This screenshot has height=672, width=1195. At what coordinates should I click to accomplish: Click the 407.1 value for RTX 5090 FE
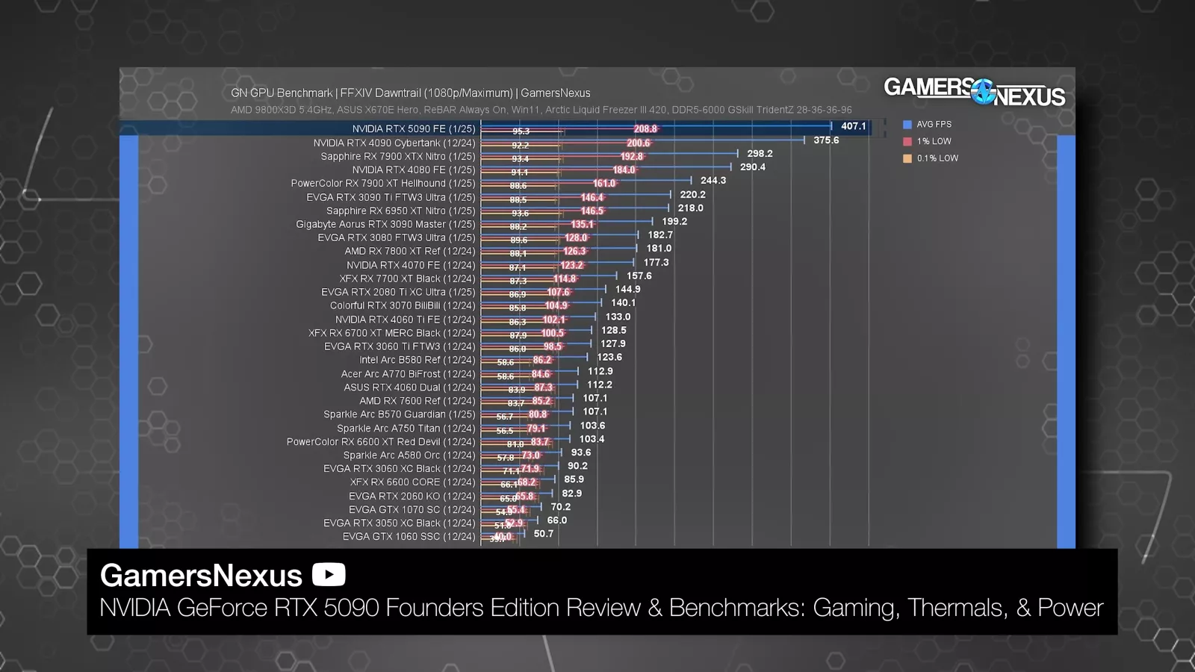coord(853,126)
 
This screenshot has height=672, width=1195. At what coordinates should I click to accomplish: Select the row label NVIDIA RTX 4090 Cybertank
coord(394,143)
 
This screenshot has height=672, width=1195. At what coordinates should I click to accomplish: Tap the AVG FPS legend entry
coord(934,125)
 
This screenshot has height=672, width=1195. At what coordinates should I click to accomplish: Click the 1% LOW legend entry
coord(934,141)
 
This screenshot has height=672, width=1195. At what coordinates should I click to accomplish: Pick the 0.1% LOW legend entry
coord(937,158)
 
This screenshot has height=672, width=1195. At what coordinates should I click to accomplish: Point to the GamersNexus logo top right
coord(974,91)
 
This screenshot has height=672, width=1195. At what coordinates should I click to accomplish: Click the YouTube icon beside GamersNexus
coord(329,575)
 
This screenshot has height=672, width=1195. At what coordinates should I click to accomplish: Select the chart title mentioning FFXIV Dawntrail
coord(410,93)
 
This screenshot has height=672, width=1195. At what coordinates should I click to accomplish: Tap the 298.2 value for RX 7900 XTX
coord(760,154)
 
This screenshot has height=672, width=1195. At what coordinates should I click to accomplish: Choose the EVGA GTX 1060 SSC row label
coord(409,536)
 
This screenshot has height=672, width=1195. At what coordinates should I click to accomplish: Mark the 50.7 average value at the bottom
coord(543,534)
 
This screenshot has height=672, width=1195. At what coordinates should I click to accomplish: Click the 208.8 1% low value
coord(645,129)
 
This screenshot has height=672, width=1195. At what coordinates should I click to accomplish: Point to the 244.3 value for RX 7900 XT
coord(713,181)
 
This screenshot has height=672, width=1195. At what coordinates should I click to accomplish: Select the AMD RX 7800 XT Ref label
coord(409,251)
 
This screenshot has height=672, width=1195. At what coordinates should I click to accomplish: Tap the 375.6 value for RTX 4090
coord(825,140)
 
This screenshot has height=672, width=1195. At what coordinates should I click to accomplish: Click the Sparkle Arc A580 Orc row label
coord(409,455)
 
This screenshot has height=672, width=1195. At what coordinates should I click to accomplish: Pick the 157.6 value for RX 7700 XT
coord(639,276)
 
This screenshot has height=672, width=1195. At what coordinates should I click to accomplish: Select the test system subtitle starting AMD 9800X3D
coord(541,110)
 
